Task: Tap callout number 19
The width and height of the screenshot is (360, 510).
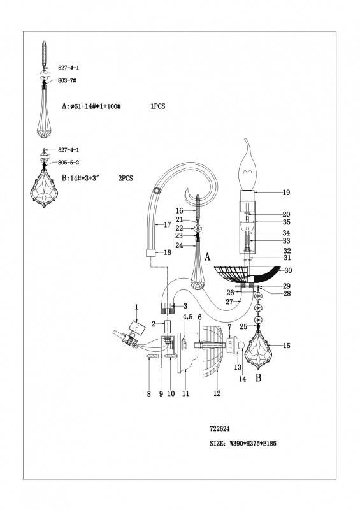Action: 286,193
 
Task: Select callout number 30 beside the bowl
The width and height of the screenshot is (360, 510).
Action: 288,270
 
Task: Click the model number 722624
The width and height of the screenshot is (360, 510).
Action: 220,429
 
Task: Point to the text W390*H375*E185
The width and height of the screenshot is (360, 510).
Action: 253,443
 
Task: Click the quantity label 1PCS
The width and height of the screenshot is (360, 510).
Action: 158,106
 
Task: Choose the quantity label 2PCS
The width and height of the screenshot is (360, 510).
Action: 125,178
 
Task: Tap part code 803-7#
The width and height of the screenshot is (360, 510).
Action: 67,80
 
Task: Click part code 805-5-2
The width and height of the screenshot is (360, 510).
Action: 69,163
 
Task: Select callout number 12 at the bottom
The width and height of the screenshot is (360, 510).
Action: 217,393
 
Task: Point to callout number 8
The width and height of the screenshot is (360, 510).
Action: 149,394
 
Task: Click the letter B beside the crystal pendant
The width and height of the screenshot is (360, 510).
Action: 259,378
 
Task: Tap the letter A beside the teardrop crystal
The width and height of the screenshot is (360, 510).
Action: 208,258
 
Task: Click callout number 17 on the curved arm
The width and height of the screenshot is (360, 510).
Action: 167,225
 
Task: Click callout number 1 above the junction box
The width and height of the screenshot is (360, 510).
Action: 136,307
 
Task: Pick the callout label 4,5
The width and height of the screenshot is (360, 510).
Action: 187,316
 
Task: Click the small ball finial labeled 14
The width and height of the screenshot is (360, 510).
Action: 241,346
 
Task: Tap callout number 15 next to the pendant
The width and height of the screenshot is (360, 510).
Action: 286,346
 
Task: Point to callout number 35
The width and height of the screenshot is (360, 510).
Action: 286,222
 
